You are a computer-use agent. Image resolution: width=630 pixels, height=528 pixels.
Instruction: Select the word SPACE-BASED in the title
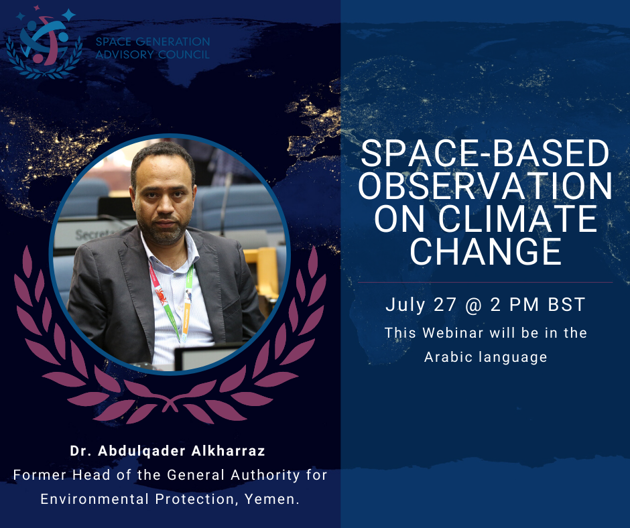coord(485,153)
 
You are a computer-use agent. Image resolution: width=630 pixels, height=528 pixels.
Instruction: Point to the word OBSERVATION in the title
coord(485,186)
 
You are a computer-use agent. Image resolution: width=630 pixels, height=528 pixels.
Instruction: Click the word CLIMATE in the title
coord(518,219)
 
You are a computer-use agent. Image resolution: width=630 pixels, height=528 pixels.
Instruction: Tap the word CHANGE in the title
coord(485,251)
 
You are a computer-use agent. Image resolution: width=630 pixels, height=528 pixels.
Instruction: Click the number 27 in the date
coord(445,305)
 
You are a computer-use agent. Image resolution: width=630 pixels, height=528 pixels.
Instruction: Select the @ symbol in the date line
coord(473,305)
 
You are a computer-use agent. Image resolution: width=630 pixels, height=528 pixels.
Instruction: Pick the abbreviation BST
coord(566,305)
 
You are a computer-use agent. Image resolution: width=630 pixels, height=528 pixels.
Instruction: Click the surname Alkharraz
coord(229,451)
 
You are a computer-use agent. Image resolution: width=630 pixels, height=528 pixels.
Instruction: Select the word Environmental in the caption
coord(94,499)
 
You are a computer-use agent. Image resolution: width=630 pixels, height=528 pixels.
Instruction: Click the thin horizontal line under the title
coord(485,283)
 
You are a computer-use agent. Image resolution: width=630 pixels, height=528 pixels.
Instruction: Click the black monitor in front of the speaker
coord(209,356)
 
